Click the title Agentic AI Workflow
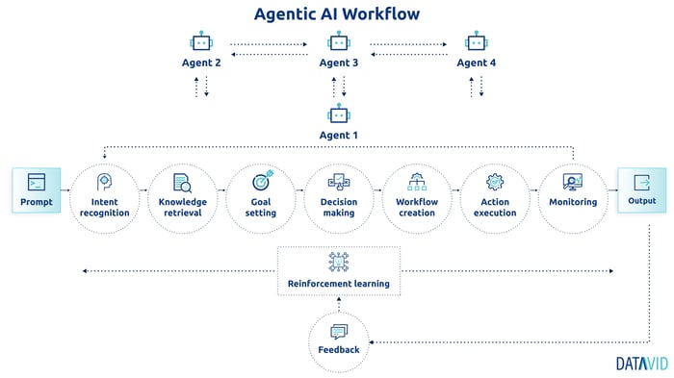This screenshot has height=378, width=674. click(336, 13)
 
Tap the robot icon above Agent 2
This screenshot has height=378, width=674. click(201, 42)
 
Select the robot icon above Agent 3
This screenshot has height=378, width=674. click(337, 42)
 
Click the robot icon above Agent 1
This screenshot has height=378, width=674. click(337, 114)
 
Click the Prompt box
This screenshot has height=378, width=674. click(36, 190)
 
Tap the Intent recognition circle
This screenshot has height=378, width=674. click(105, 196)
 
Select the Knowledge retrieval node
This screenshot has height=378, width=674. click(183, 196)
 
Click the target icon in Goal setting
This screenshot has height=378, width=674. click(262, 181)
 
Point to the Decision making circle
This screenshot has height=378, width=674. click(338, 196)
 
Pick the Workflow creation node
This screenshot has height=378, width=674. click(417, 196)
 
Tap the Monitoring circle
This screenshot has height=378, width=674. click(573, 196)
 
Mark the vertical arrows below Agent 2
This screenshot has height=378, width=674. click(201, 87)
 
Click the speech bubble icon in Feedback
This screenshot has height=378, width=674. click(338, 332)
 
